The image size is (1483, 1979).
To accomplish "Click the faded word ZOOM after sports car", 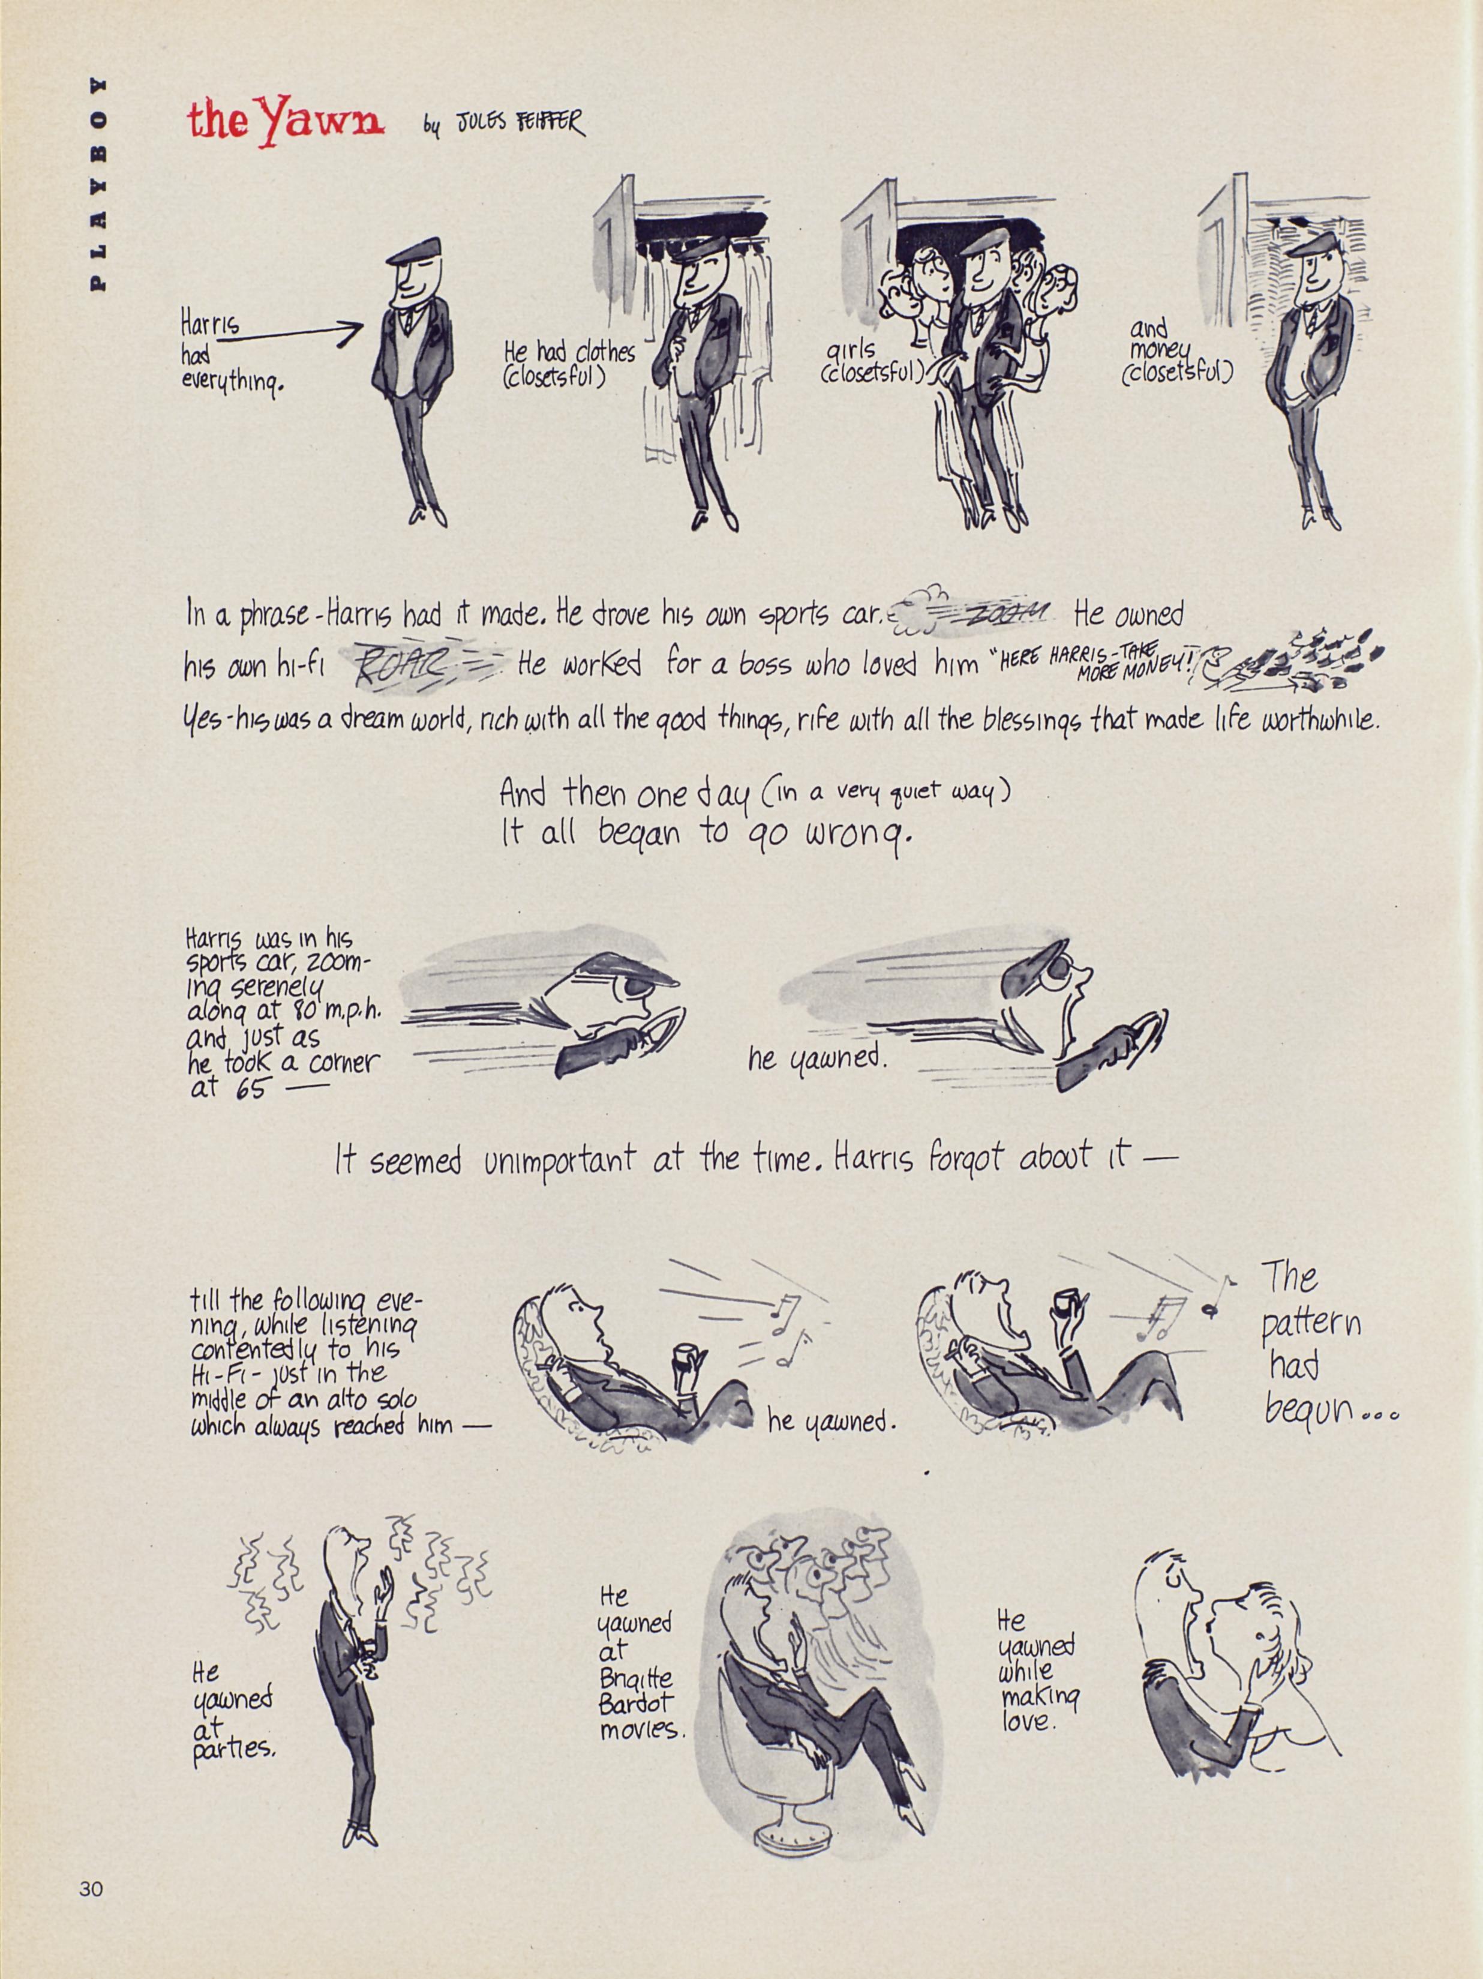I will pos(1002,612).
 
